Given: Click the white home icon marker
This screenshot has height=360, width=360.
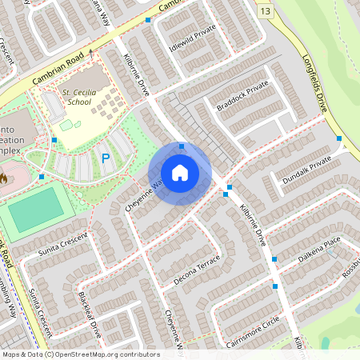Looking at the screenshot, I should pos(180,172).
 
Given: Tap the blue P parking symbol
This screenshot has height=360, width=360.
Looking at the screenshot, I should pos(106,158).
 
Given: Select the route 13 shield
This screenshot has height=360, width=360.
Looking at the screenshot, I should pos(266,10).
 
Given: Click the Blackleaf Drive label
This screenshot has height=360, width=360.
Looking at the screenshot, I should pos(89,317).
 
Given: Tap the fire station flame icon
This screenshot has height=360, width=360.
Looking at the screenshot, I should pos(2,177).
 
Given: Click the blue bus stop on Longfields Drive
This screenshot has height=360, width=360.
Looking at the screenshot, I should pos(339,138).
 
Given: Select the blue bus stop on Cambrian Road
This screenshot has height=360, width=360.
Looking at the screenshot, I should pos(148,19).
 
